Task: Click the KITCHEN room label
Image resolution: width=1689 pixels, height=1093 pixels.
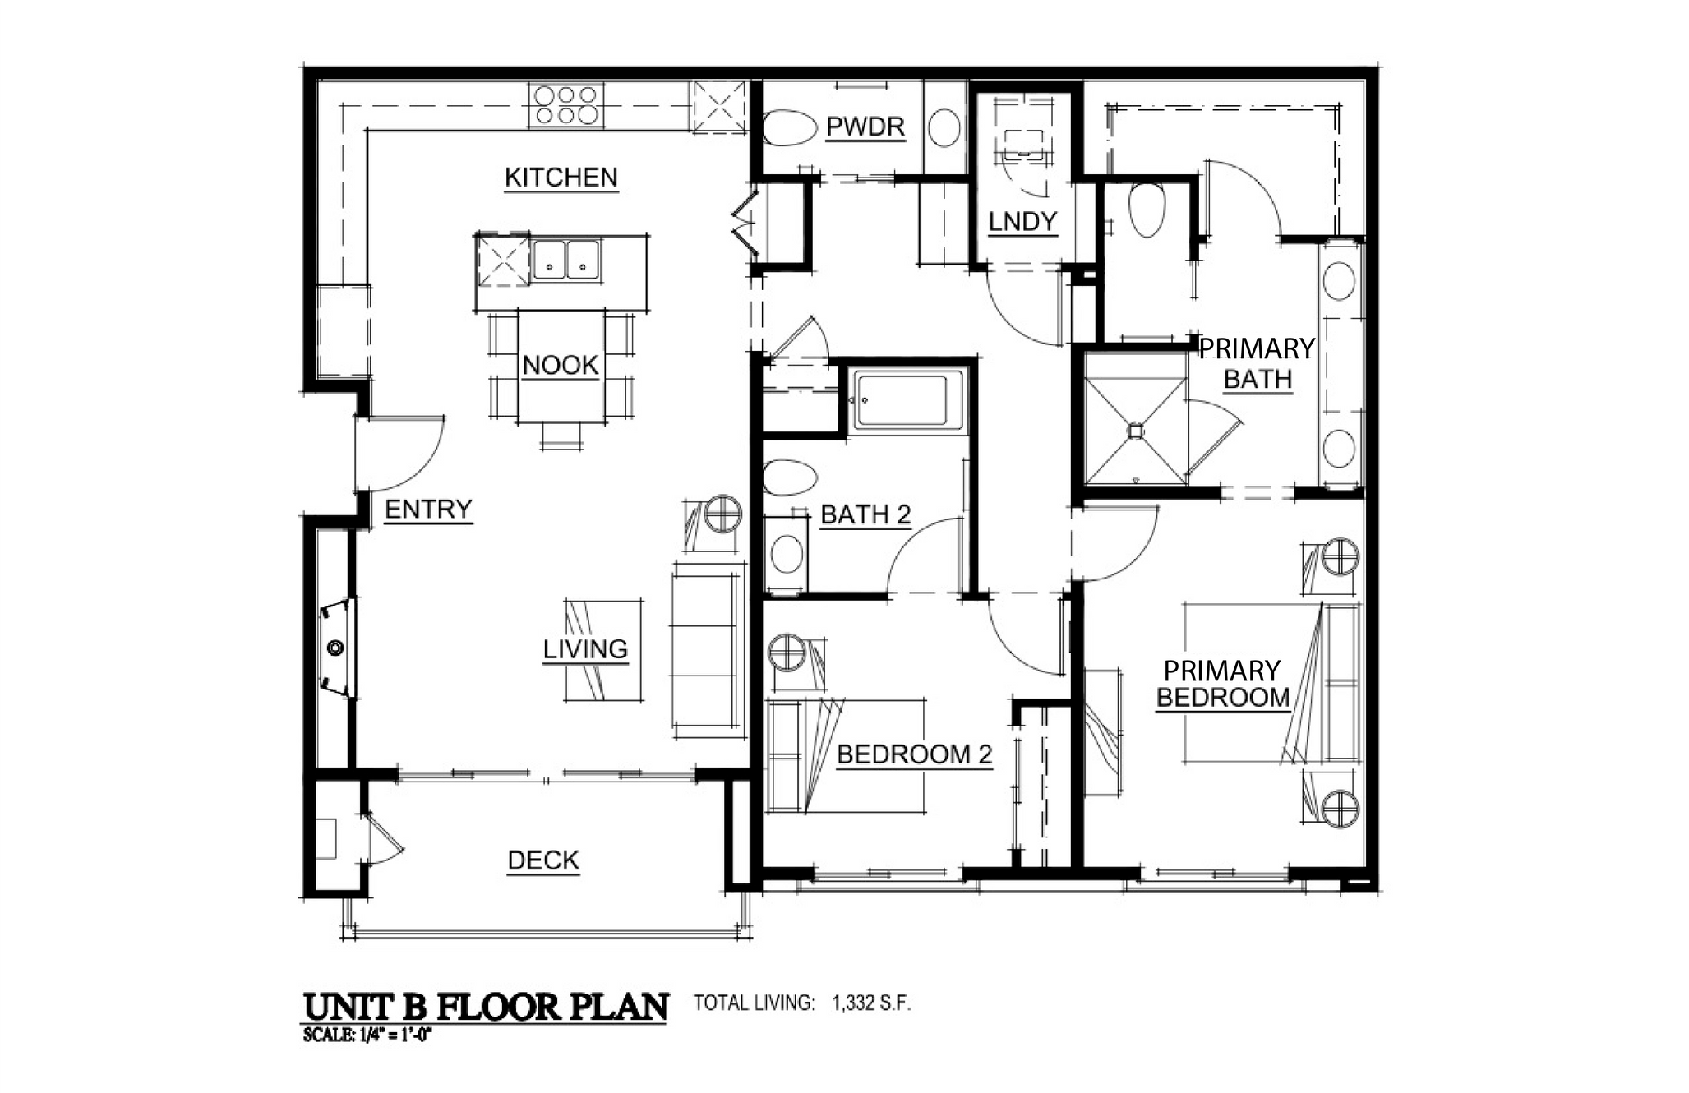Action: point(561,178)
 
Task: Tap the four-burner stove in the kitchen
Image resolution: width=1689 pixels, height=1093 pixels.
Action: point(565,105)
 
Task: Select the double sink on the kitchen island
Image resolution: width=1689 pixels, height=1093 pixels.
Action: point(565,260)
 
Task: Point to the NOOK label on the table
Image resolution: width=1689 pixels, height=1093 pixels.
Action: point(561,365)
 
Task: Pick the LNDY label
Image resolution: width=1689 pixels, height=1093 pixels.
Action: point(1022,221)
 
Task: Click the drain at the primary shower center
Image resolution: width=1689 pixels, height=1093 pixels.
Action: point(1135,431)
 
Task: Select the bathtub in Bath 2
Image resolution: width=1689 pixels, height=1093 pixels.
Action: point(907,401)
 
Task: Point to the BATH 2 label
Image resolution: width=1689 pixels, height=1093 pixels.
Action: point(865,515)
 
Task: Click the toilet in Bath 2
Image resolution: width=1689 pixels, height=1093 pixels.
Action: point(789,477)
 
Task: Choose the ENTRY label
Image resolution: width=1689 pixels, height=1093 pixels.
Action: point(428,510)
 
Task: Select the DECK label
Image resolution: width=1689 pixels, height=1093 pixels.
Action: point(543,860)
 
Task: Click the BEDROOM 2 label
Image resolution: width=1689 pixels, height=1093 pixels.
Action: point(914,754)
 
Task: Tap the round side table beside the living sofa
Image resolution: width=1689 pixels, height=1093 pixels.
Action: point(724,514)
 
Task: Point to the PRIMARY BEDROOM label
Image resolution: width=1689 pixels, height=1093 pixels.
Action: point(1222,684)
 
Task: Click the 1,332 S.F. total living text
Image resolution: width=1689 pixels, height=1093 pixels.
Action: point(871,1003)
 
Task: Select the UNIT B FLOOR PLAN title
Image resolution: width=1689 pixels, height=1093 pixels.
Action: point(486,1007)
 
